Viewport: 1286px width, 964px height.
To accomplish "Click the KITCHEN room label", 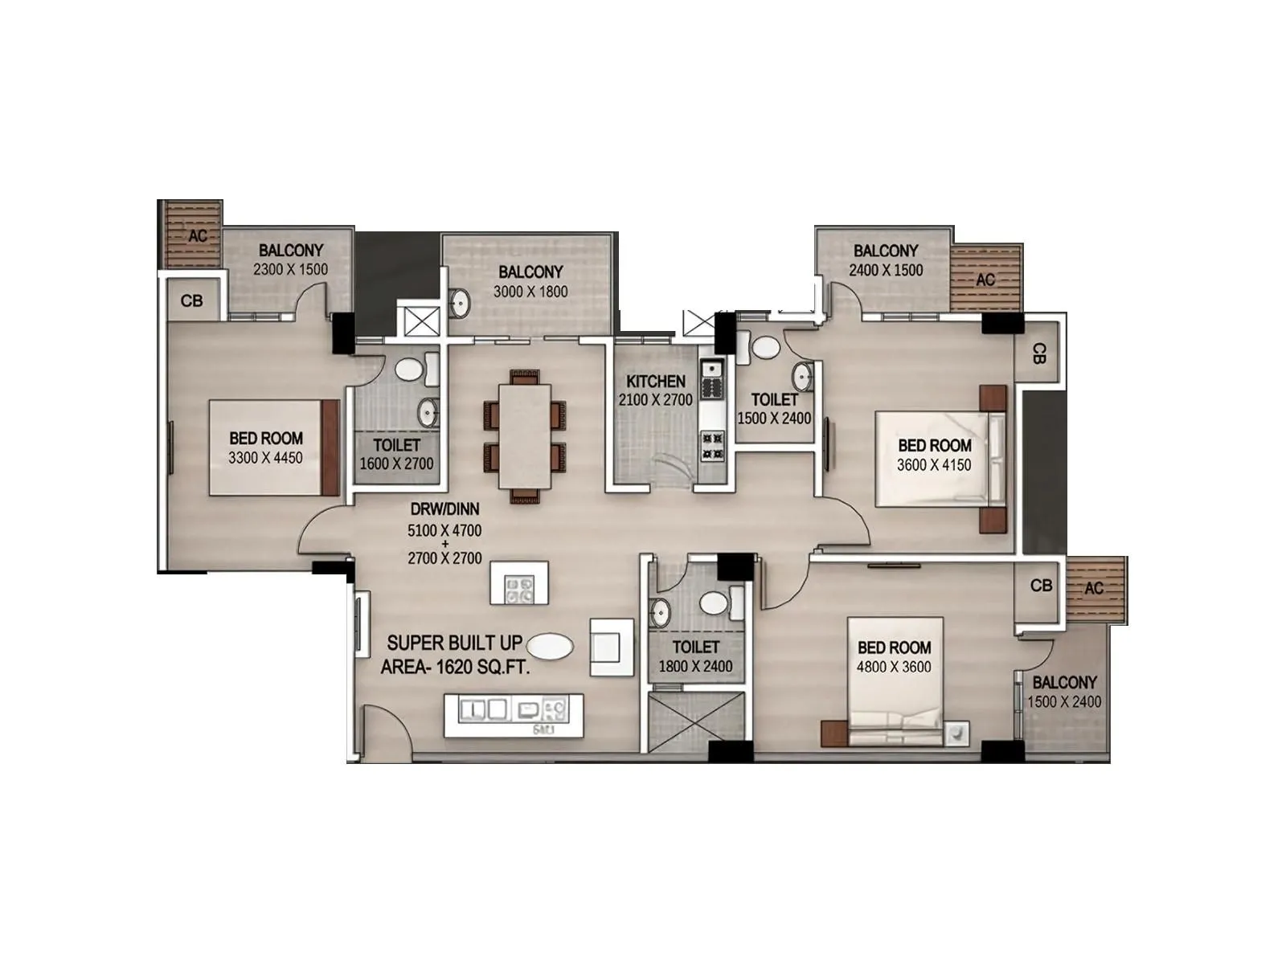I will click(656, 382).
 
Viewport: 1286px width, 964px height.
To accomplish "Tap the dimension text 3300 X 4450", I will click(266, 458).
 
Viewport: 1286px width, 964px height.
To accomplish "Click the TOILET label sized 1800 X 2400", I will click(696, 647).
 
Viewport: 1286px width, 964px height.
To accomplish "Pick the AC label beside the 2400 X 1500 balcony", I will click(985, 280).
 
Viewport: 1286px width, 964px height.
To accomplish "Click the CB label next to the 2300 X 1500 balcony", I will click(192, 301).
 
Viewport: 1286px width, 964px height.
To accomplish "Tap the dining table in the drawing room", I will click(526, 436).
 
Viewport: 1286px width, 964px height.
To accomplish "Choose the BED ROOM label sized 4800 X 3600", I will click(894, 647).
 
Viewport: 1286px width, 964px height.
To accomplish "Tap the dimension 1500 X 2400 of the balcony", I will click(1064, 701).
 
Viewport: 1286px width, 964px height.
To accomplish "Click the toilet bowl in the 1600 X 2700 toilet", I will click(411, 370).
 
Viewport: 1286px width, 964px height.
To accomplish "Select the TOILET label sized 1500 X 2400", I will click(774, 399).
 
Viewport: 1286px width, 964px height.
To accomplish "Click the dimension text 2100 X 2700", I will click(656, 400).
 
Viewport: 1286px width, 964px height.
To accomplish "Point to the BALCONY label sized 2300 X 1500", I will click(291, 251).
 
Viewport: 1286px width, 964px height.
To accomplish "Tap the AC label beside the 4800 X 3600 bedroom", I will click(1094, 588).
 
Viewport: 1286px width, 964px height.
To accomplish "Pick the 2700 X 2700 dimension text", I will click(444, 558).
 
